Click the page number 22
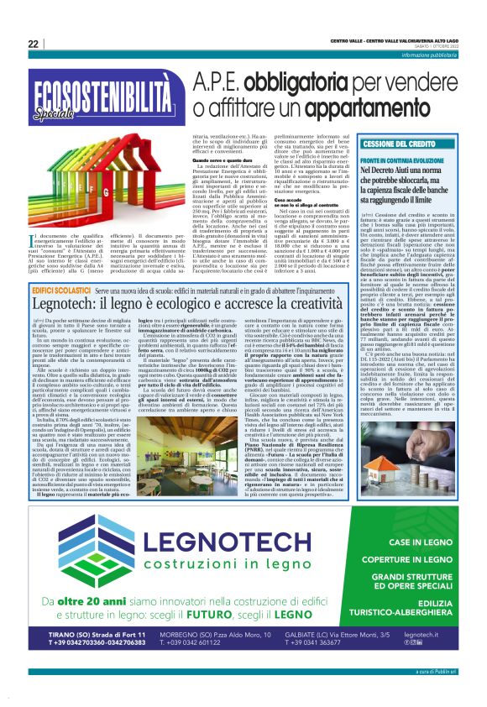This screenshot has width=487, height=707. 33,44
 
